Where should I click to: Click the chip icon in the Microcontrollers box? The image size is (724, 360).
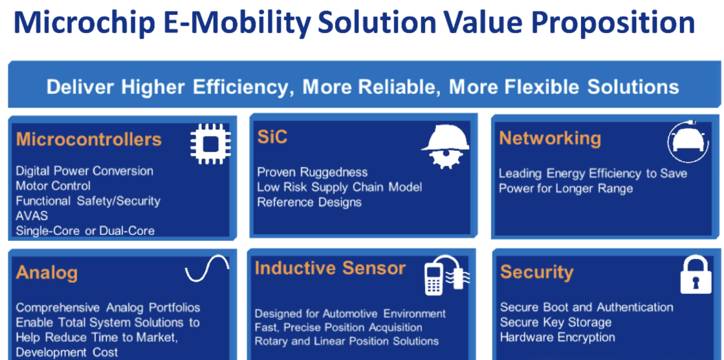click(210, 144)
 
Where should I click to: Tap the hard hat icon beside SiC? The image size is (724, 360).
click(445, 147)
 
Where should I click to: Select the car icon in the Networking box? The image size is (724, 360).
click(688, 142)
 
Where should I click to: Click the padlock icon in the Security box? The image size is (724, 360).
click(696, 274)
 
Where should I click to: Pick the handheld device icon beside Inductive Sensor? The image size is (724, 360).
click(447, 275)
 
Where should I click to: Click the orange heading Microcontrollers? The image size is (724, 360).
click(89, 139)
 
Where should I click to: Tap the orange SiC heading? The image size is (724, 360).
click(272, 137)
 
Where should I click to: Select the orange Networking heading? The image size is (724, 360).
click(550, 139)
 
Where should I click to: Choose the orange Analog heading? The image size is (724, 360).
click(47, 273)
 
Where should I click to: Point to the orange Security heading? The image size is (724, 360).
click(537, 272)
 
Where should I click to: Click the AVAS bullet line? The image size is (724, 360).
click(31, 216)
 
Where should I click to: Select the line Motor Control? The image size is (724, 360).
click(53, 186)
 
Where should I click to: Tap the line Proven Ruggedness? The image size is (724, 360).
click(312, 173)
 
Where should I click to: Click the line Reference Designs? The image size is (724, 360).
click(309, 203)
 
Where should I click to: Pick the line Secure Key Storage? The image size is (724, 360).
click(555, 322)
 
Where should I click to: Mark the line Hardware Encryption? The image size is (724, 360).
click(557, 338)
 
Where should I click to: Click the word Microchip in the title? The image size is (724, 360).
click(85, 23)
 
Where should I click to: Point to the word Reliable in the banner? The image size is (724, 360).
click(399, 87)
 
